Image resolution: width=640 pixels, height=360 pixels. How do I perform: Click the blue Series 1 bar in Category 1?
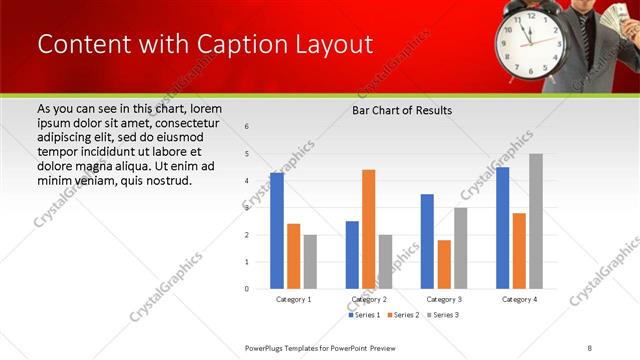pyautogui.click(x=277, y=231)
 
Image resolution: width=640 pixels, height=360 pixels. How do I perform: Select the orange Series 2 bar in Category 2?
pyautogui.click(x=368, y=229)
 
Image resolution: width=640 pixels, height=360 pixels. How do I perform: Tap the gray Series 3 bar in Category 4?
pyautogui.click(x=536, y=221)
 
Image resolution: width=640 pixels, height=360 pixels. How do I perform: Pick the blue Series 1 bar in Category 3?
pyautogui.click(x=427, y=241)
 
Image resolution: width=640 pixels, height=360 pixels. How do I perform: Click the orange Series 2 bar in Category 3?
pyautogui.click(x=444, y=264)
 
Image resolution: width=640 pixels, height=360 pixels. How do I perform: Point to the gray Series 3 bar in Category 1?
pyautogui.click(x=310, y=262)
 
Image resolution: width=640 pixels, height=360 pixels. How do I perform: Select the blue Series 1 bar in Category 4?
pyautogui.click(x=502, y=228)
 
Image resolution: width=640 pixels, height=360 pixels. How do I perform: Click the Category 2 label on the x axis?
pyautogui.click(x=369, y=299)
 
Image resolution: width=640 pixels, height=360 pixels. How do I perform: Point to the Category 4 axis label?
pyautogui.click(x=519, y=299)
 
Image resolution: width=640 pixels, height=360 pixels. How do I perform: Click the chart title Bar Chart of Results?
pyautogui.click(x=402, y=110)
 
